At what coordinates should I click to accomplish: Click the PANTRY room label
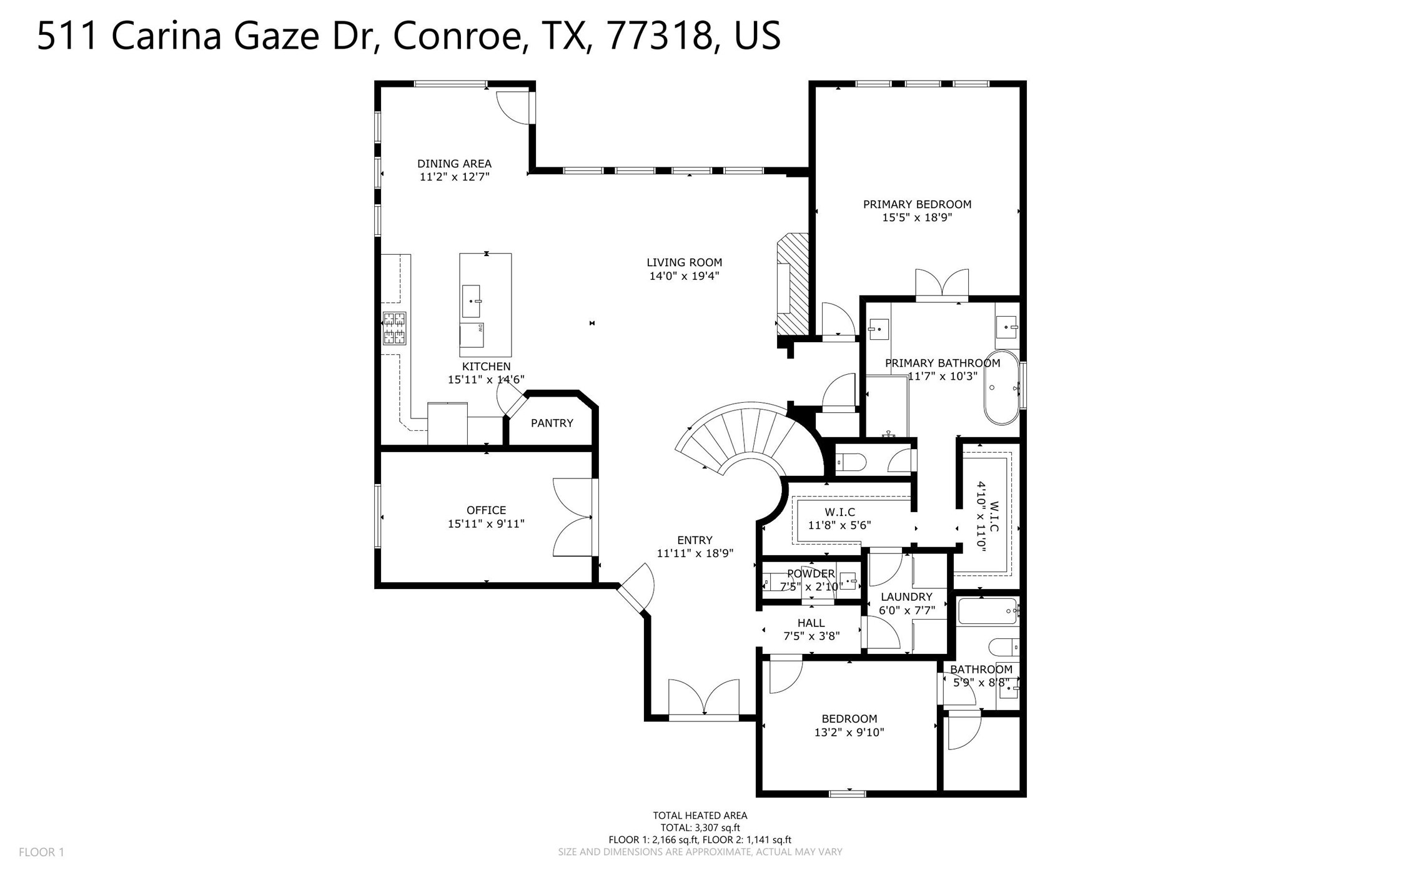[x=552, y=423]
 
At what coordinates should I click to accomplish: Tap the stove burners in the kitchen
[x=394, y=329]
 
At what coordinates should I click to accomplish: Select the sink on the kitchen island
[x=471, y=301]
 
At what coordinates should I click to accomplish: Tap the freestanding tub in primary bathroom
[x=1001, y=388]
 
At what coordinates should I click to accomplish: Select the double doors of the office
[x=573, y=517]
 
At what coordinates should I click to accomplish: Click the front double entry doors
[x=704, y=700]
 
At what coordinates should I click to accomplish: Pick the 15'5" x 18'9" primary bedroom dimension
[x=916, y=218]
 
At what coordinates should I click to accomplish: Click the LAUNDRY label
[x=906, y=596]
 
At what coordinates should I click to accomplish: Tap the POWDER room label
[x=810, y=573]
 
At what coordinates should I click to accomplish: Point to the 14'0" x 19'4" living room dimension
[x=684, y=276]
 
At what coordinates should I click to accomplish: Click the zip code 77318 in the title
[x=660, y=36]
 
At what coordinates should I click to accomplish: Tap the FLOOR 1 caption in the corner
[x=41, y=852]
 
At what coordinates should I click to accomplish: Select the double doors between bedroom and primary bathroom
[x=941, y=284]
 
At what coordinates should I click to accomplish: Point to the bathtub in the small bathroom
[x=986, y=611]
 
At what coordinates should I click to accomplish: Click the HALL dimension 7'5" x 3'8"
[x=811, y=636]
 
